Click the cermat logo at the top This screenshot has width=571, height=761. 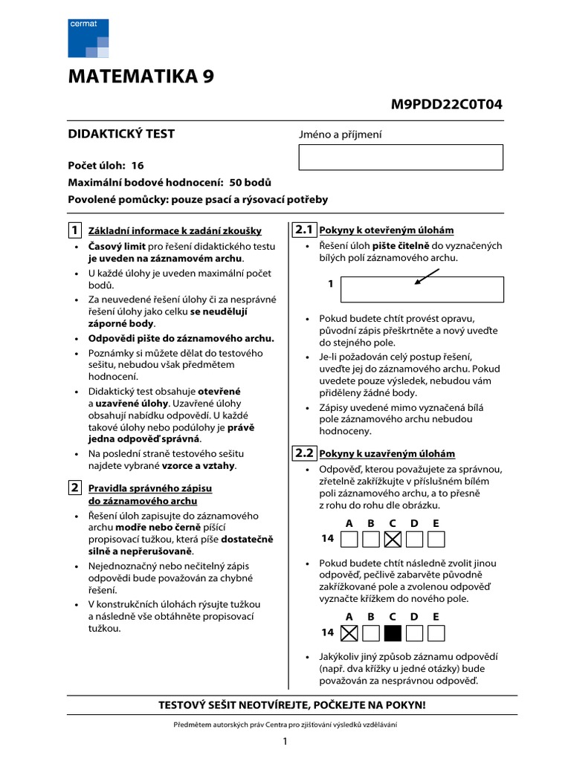point(88,38)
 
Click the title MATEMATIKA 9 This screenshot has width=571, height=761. point(143,77)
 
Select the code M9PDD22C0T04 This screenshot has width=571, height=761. point(446,104)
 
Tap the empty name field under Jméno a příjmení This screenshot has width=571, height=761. point(401,158)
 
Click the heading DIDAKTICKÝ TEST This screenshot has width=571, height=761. point(121,134)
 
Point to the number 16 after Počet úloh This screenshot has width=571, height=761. point(137,166)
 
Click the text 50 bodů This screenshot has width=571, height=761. point(251,182)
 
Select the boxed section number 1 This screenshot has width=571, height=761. point(75,229)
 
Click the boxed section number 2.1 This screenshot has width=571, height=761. point(304,229)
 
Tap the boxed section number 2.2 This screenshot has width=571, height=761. point(304,453)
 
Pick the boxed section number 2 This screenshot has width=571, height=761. point(75,488)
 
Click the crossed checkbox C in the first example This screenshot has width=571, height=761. point(393,539)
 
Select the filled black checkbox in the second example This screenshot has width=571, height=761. point(393,632)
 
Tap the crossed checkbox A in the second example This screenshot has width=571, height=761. point(349,632)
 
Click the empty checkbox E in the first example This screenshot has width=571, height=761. point(436,539)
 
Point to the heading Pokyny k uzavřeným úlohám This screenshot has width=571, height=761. point(387,454)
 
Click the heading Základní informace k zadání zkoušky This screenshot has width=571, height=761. point(175,231)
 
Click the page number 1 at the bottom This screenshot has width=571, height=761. point(285,742)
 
